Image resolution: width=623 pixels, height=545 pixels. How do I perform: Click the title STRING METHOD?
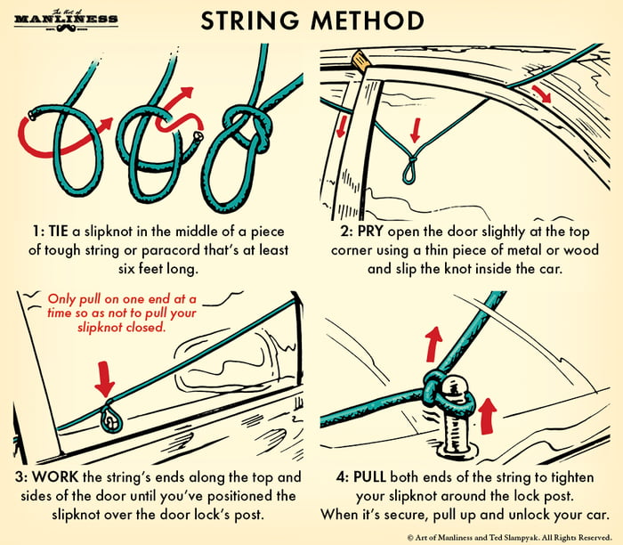coord(311,20)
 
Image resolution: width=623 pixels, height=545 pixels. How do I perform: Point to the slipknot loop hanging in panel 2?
coord(409,168)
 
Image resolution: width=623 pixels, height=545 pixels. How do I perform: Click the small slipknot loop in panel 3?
coord(110,417)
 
